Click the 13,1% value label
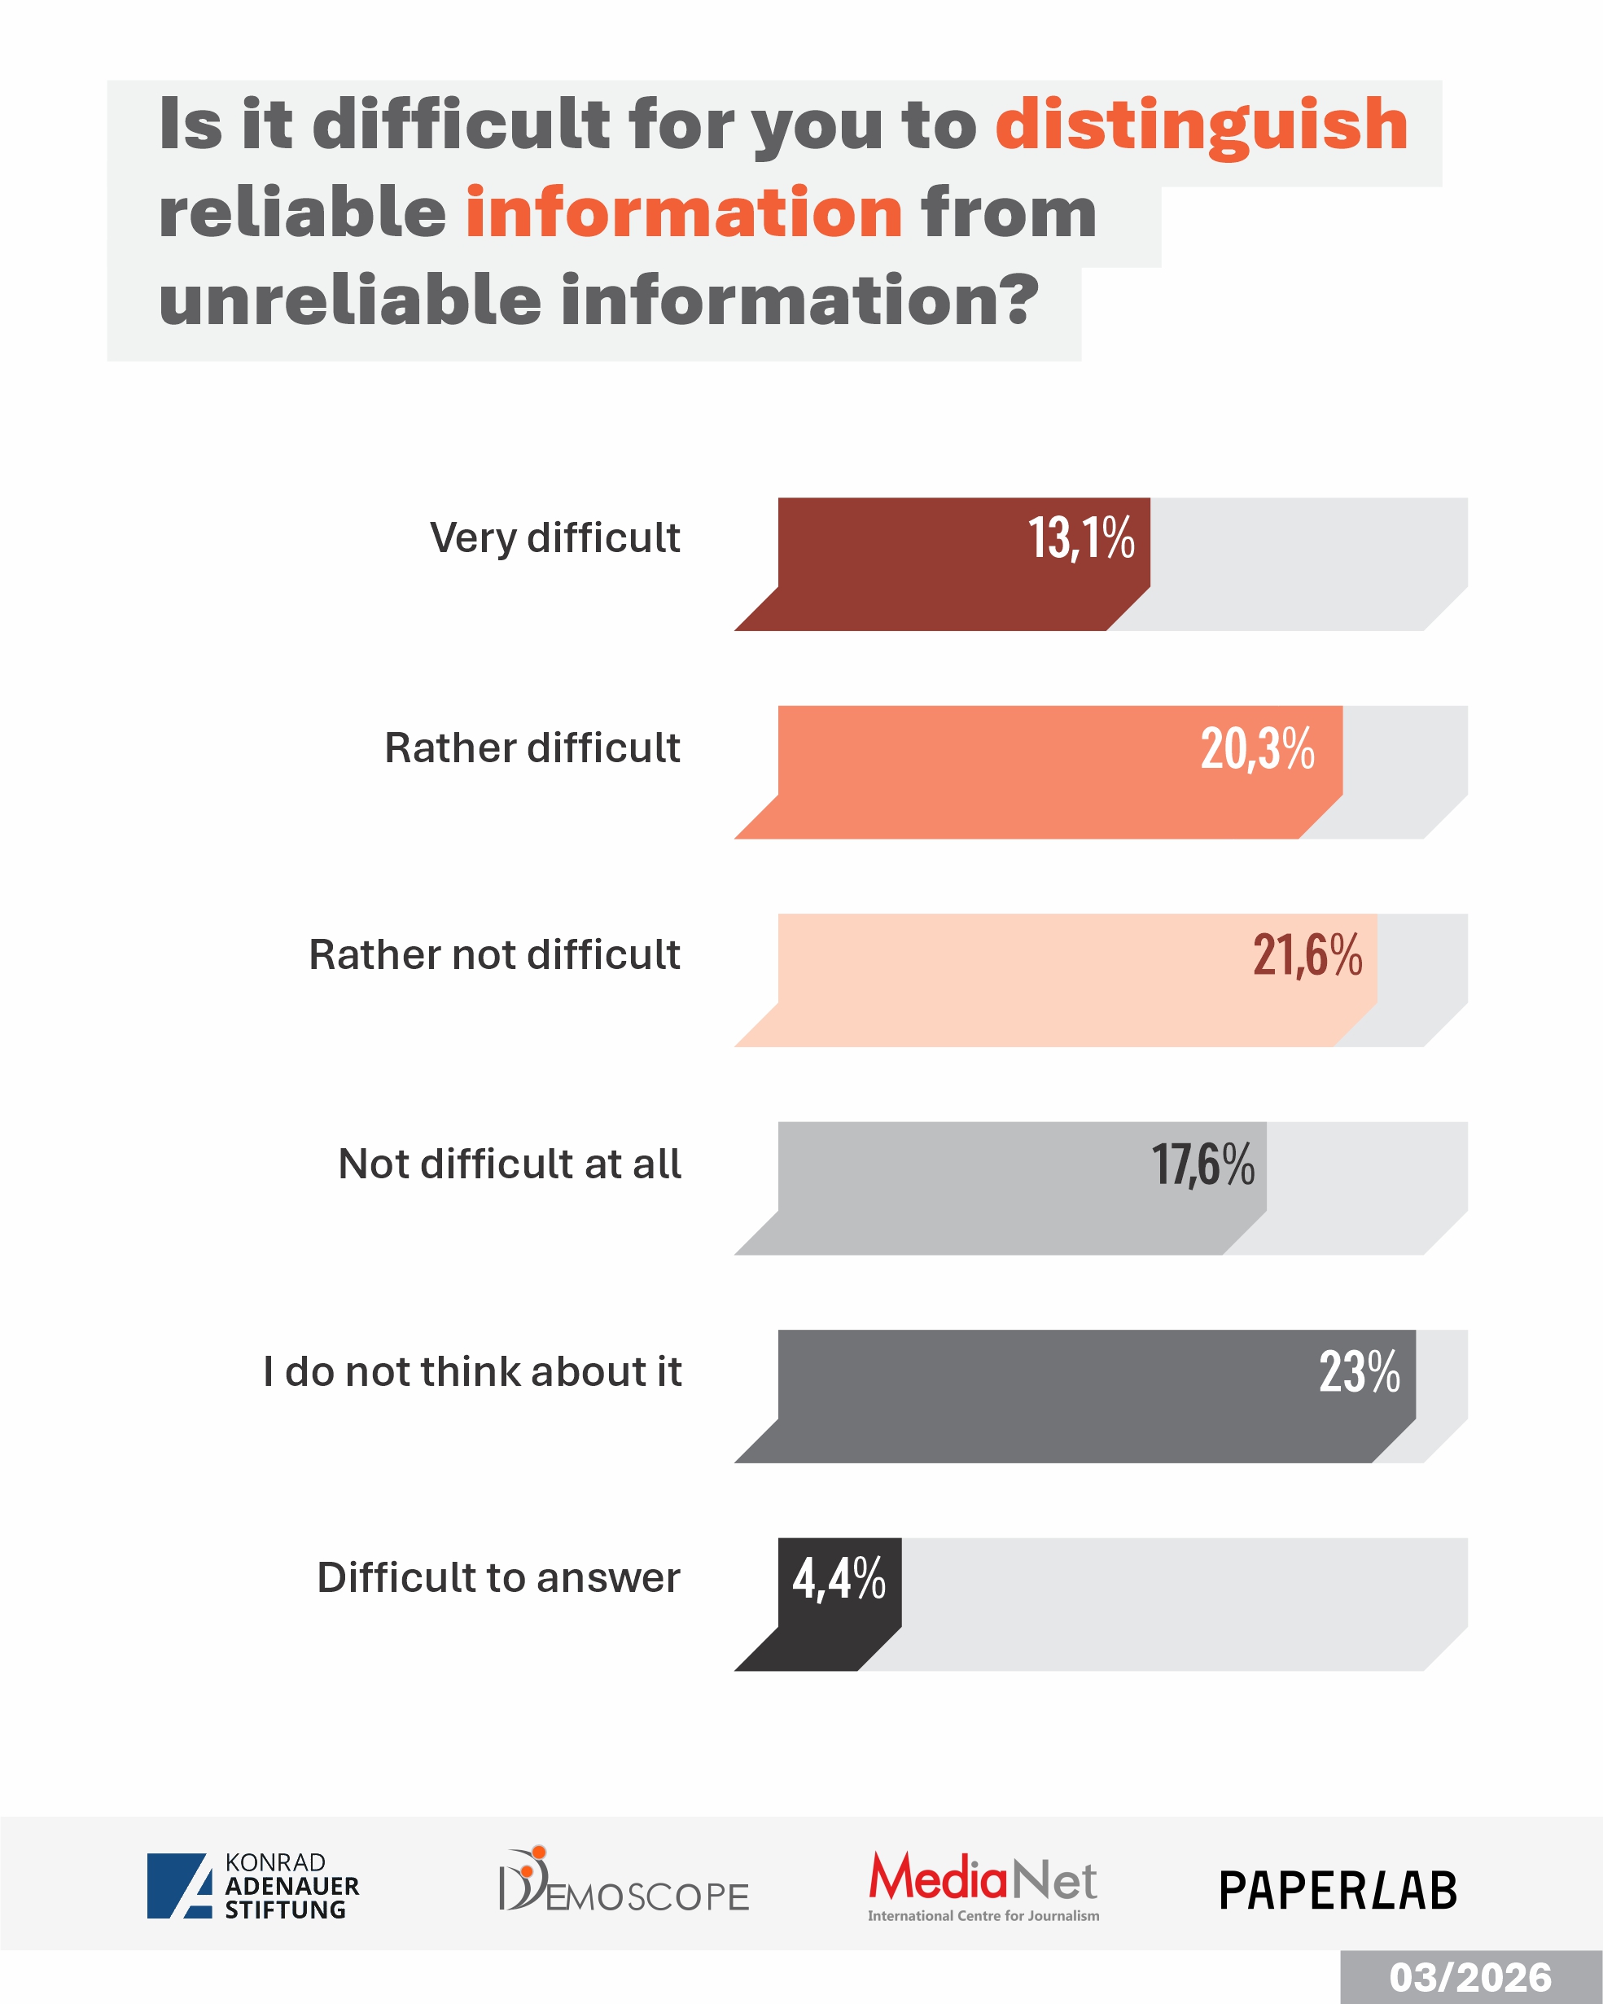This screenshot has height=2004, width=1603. [1081, 539]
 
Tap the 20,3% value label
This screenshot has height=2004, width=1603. [1257, 748]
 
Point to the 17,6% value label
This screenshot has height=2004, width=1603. [1202, 1164]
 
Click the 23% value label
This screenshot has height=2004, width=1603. [1359, 1372]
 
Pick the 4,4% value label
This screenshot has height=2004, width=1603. [839, 1579]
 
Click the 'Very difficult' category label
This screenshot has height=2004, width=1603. [554, 538]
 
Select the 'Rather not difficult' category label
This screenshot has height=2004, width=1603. [494, 955]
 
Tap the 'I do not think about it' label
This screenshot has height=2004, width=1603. [472, 1372]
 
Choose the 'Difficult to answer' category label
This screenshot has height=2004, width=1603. [499, 1578]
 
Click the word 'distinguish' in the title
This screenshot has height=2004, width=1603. [1201, 125]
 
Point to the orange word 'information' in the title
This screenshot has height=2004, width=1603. [684, 213]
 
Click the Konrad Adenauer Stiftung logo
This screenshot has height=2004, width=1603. [252, 1886]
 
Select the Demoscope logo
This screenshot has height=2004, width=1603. [624, 1881]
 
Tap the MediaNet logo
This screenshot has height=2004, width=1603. [983, 1885]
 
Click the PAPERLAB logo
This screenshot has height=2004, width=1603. [1338, 1891]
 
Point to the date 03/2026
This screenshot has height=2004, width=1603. [1470, 1978]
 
